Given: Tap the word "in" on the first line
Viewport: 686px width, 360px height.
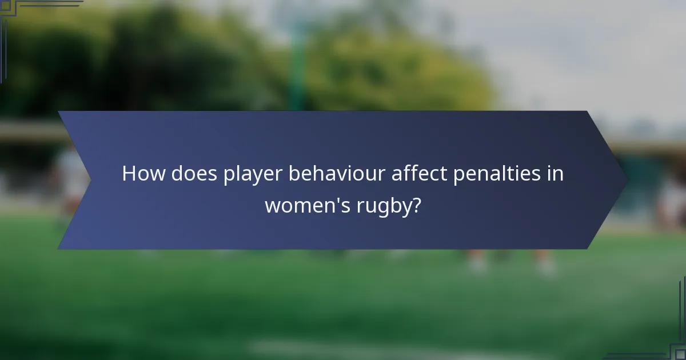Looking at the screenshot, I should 556,174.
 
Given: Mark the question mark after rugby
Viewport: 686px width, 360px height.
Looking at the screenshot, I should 417,205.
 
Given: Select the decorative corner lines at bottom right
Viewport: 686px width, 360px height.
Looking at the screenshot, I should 669,343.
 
